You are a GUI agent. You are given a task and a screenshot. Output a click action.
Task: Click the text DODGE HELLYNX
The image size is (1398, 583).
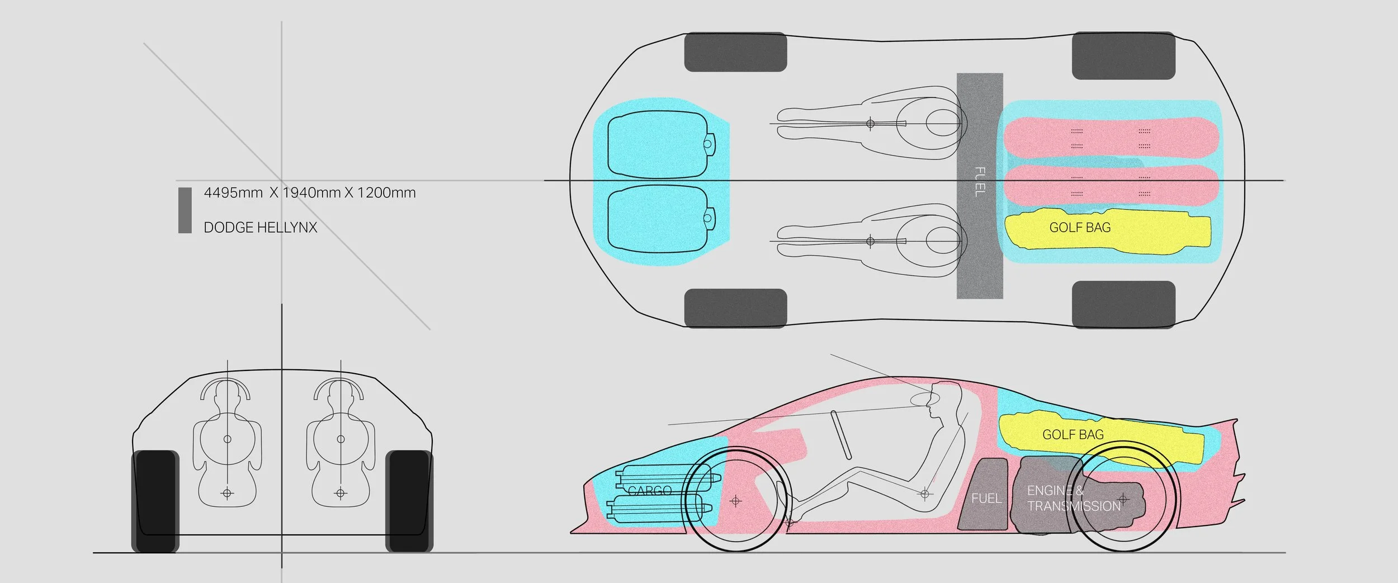[260, 227]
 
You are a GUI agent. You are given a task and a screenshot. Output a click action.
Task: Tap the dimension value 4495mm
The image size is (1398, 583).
[233, 192]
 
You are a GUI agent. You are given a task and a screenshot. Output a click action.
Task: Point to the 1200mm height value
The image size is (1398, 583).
[386, 192]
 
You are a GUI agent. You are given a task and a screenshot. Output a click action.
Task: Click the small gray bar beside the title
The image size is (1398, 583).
[185, 210]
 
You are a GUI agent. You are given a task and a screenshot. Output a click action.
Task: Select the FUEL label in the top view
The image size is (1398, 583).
[980, 182]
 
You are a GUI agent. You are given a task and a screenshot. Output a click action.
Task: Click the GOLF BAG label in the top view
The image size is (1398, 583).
[1080, 228]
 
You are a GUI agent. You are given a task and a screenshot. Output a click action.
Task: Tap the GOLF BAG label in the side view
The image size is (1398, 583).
[1073, 435]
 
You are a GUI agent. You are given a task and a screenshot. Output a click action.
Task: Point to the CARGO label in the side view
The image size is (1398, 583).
[649, 491]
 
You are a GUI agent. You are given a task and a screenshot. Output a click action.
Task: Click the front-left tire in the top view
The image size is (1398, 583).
[735, 52]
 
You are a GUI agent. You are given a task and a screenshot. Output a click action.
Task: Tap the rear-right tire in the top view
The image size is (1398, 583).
[1123, 304]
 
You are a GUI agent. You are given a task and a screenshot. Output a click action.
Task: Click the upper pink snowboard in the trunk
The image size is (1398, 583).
[1110, 137]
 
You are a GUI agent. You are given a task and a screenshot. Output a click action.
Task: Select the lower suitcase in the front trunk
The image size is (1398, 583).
[657, 218]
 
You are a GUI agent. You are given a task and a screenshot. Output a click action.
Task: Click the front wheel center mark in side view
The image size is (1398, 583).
[735, 501]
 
